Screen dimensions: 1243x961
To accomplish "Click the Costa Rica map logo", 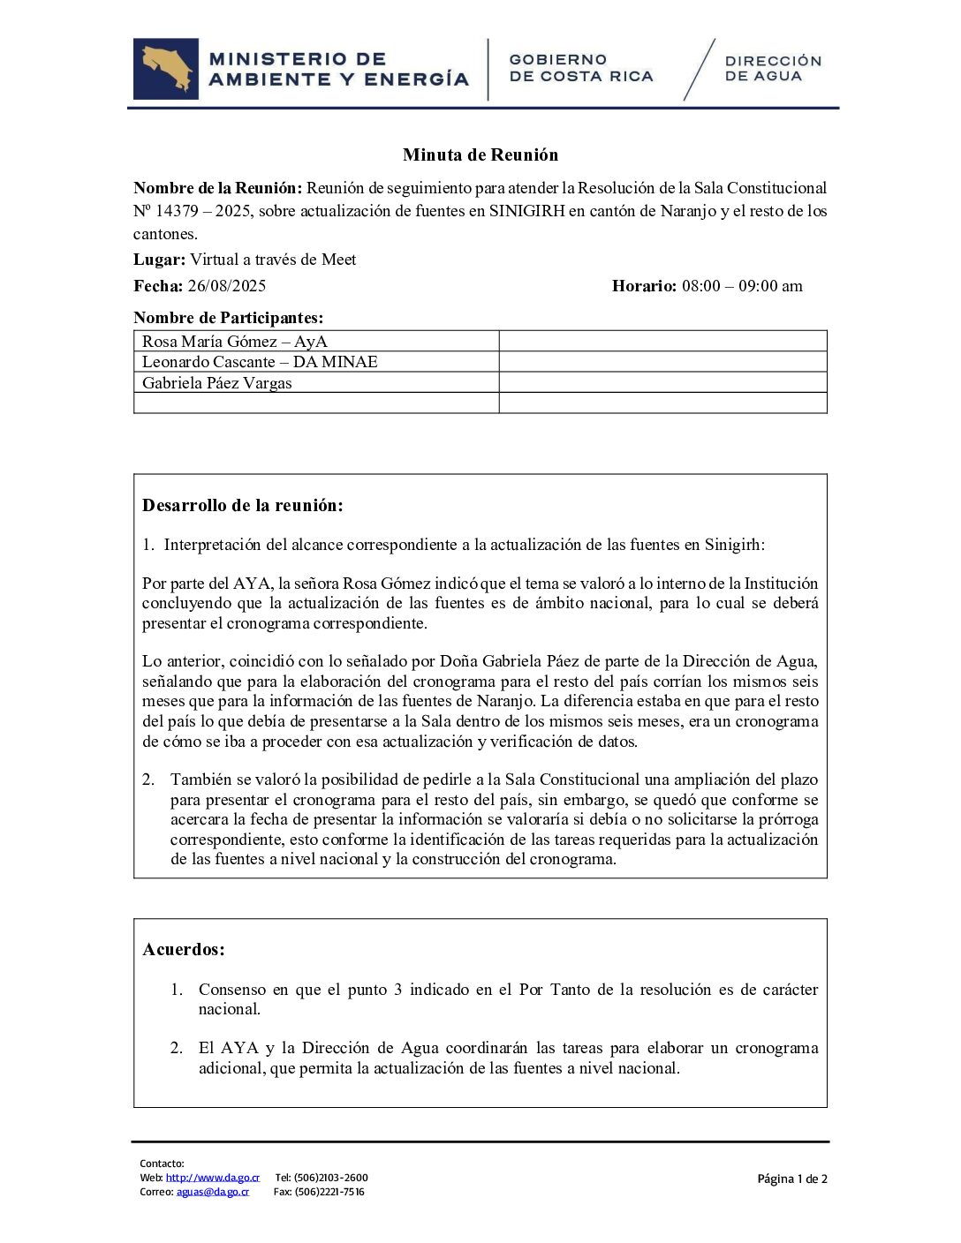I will click(x=166, y=69).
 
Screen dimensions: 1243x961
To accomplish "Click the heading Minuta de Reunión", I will click(x=480, y=154).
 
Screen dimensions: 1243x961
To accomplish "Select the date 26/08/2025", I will click(x=227, y=285).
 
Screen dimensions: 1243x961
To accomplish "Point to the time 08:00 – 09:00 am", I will click(x=742, y=285).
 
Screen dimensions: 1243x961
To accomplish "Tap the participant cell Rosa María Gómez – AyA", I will click(x=235, y=341).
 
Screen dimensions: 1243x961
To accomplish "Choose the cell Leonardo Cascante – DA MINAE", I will click(x=260, y=361).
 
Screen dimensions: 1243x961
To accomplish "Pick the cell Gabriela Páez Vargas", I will click(x=216, y=382).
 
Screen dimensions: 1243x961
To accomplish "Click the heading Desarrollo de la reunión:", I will click(x=242, y=505).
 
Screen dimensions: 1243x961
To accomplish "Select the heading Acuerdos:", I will click(x=184, y=949).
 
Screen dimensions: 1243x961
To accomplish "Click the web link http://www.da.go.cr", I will click(x=213, y=1177).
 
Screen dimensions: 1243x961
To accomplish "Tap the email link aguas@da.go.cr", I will click(x=212, y=1191).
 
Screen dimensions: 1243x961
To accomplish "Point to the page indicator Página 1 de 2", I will click(x=792, y=1179).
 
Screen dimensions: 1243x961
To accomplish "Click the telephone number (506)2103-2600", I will click(x=331, y=1177).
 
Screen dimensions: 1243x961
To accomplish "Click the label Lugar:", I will click(x=159, y=260).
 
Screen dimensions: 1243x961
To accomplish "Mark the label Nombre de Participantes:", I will click(x=228, y=317).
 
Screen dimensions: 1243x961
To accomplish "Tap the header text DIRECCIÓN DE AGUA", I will click(x=773, y=69).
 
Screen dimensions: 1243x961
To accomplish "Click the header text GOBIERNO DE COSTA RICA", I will click(x=581, y=68).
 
